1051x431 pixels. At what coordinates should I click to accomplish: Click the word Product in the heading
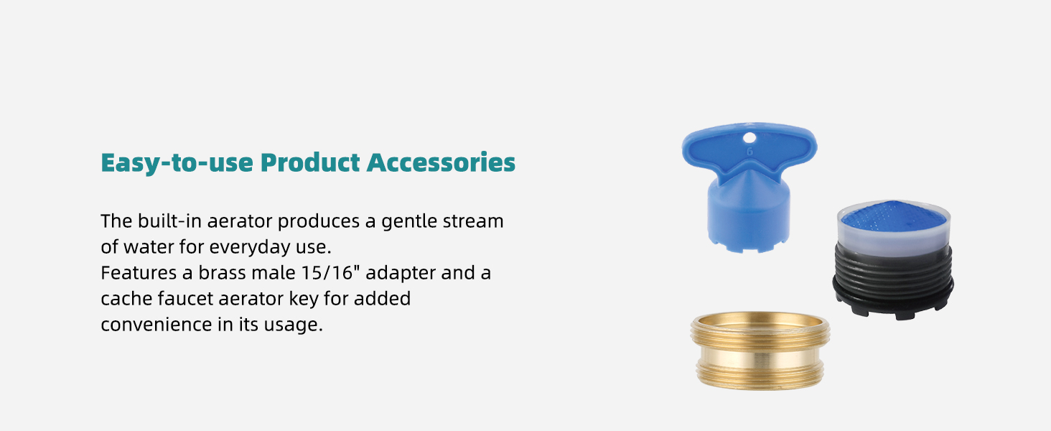[x=309, y=162]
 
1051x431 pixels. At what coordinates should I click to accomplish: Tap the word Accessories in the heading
[x=441, y=162]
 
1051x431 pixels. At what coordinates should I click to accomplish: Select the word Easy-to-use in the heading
[x=177, y=162]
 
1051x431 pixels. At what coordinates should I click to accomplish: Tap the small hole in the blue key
[x=749, y=136]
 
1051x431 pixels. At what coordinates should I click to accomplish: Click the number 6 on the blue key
[x=749, y=152]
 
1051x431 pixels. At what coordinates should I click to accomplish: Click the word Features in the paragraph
[x=139, y=273]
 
